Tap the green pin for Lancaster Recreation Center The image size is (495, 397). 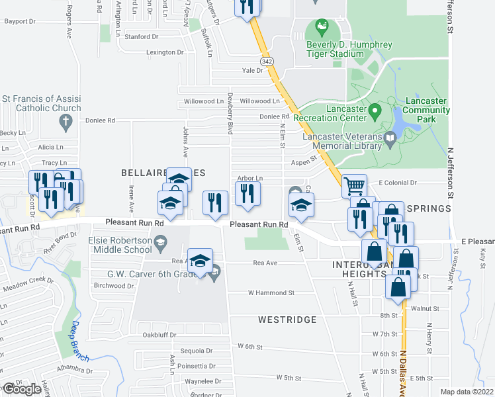click(x=375, y=109)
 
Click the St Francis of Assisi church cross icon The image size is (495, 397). click(x=65, y=121)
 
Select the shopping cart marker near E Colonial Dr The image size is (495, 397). click(x=355, y=186)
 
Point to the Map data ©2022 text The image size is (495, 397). click(x=467, y=392)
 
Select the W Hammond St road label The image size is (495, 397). click(x=271, y=292)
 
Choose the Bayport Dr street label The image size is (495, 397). click(x=20, y=21)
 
